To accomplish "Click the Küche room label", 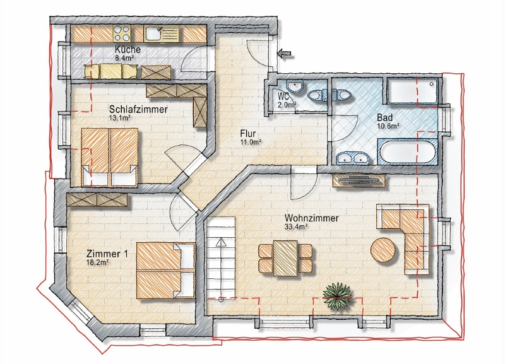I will [x=128, y=49].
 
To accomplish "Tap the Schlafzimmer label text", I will [x=138, y=109].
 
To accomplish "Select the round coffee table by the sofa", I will [x=384, y=250].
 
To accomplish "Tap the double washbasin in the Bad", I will [x=352, y=158].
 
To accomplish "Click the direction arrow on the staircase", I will [x=220, y=242].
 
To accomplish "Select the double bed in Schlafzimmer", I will [x=110, y=155].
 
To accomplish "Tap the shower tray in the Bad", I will [x=412, y=91].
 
